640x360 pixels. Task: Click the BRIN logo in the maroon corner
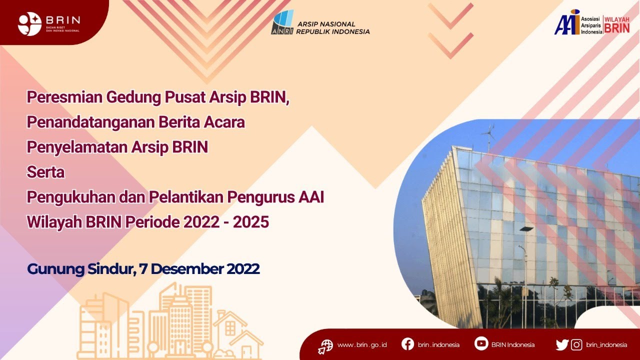pyautogui.click(x=30, y=23)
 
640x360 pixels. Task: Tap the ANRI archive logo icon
pyautogui.click(x=282, y=22)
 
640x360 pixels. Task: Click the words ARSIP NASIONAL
pyautogui.click(x=326, y=24)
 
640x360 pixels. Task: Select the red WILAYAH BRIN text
pyautogui.click(x=617, y=24)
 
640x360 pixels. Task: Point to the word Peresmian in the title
pyautogui.click(x=64, y=97)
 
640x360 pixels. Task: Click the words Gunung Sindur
pyautogui.click(x=80, y=269)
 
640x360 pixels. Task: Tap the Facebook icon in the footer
pyautogui.click(x=407, y=344)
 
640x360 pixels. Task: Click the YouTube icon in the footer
pyautogui.click(x=481, y=344)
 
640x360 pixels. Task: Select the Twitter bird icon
pyautogui.click(x=562, y=344)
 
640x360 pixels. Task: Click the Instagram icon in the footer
pyautogui.click(x=576, y=344)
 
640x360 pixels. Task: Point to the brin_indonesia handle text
pyautogui.click(x=606, y=344)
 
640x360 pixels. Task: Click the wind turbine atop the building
pyautogui.click(x=487, y=134)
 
